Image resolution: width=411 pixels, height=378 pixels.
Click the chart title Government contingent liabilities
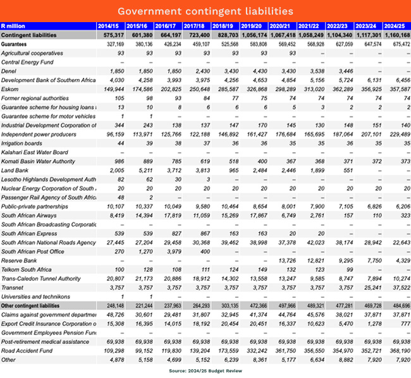[x=205, y=11]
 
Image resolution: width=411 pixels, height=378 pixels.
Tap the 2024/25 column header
[x=396, y=26]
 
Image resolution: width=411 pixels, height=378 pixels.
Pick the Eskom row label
[x=11, y=90]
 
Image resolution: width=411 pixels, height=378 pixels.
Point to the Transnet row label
[x=13, y=287]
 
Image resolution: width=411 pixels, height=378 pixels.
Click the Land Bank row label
[x=15, y=171]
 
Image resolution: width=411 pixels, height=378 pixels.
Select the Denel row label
[x=10, y=71]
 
